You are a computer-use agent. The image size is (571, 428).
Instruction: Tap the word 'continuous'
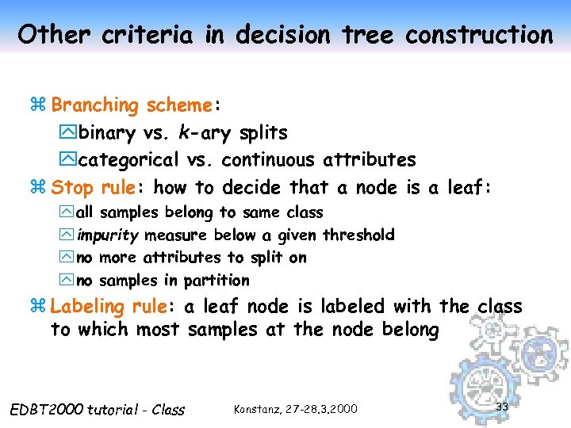pyautogui.click(x=270, y=160)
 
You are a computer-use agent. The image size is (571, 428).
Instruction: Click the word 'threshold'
pyautogui.click(x=358, y=235)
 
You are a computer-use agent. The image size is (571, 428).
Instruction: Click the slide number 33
pyautogui.click(x=501, y=406)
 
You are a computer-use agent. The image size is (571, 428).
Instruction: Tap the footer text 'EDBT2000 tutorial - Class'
pyautogui.click(x=98, y=410)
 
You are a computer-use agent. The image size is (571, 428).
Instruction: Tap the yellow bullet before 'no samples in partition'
pyautogui.click(x=66, y=281)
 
